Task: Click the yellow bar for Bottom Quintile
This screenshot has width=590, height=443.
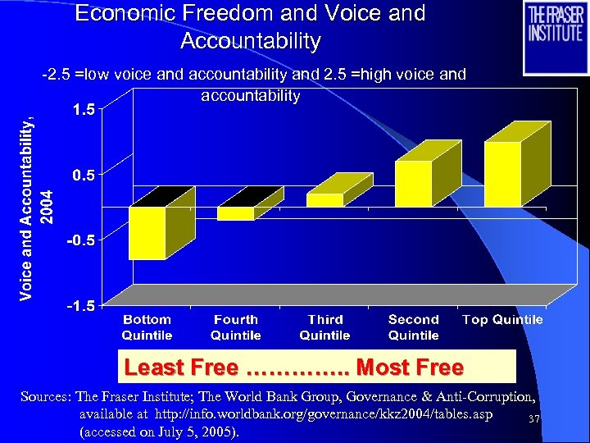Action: coord(147,233)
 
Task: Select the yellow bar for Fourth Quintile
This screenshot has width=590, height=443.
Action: coord(235,213)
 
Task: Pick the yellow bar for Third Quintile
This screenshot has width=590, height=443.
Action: coord(324,200)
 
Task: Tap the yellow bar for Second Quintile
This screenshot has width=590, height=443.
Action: coord(413,184)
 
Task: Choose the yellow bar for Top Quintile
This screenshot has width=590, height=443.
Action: coord(502,174)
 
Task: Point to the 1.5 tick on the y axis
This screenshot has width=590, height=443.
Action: coord(82,108)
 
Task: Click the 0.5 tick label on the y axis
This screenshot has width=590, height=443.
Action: coord(82,174)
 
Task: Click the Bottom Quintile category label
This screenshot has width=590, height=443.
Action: coord(147,327)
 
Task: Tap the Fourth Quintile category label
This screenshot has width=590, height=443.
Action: coord(235,327)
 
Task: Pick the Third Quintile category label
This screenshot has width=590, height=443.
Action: coord(324,327)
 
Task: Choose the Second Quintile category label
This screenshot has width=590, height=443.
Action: coord(413,327)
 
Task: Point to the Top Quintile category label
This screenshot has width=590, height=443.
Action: coord(502,320)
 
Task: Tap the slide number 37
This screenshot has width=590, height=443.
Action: coord(533,420)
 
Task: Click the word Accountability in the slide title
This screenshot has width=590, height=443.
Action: coord(250,40)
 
